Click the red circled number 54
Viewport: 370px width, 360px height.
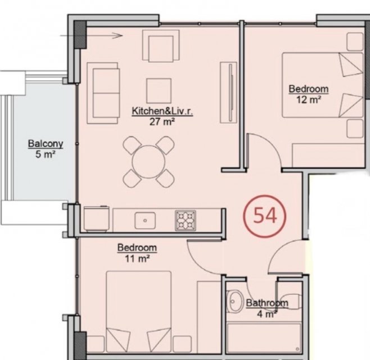(x=264, y=216)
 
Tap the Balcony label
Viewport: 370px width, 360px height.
(x=46, y=144)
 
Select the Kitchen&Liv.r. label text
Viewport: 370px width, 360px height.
(x=163, y=111)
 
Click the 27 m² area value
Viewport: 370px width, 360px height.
(x=162, y=122)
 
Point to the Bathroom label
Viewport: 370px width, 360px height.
(x=267, y=303)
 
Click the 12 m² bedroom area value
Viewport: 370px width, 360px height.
(x=308, y=100)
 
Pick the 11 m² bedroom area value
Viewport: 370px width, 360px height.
(x=137, y=259)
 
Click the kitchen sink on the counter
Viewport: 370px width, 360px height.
(x=145, y=220)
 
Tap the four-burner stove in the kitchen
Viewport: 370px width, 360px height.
(x=186, y=220)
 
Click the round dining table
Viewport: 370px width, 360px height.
(x=148, y=161)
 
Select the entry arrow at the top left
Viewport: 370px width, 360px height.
(x=91, y=35)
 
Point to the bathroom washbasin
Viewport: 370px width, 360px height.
(x=235, y=301)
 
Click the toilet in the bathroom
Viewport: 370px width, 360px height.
(x=290, y=302)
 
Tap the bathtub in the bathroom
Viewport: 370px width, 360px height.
(x=264, y=338)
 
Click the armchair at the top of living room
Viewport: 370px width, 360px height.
(x=161, y=46)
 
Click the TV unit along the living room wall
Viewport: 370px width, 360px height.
(x=228, y=93)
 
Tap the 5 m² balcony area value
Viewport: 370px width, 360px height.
(x=46, y=154)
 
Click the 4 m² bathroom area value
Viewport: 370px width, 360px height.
(x=267, y=314)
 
